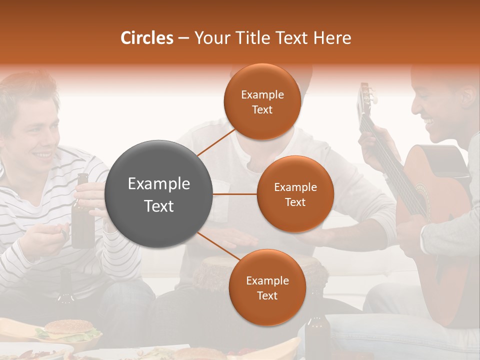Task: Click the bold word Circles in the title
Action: point(147,38)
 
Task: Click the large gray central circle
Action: point(159,194)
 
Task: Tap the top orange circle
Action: point(262,101)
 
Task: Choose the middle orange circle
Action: point(295,194)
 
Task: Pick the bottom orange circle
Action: point(267,287)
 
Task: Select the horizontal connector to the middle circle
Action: point(235,194)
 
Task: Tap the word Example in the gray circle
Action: point(159,184)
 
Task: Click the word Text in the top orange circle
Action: point(262,109)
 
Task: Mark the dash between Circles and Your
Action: point(183,38)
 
